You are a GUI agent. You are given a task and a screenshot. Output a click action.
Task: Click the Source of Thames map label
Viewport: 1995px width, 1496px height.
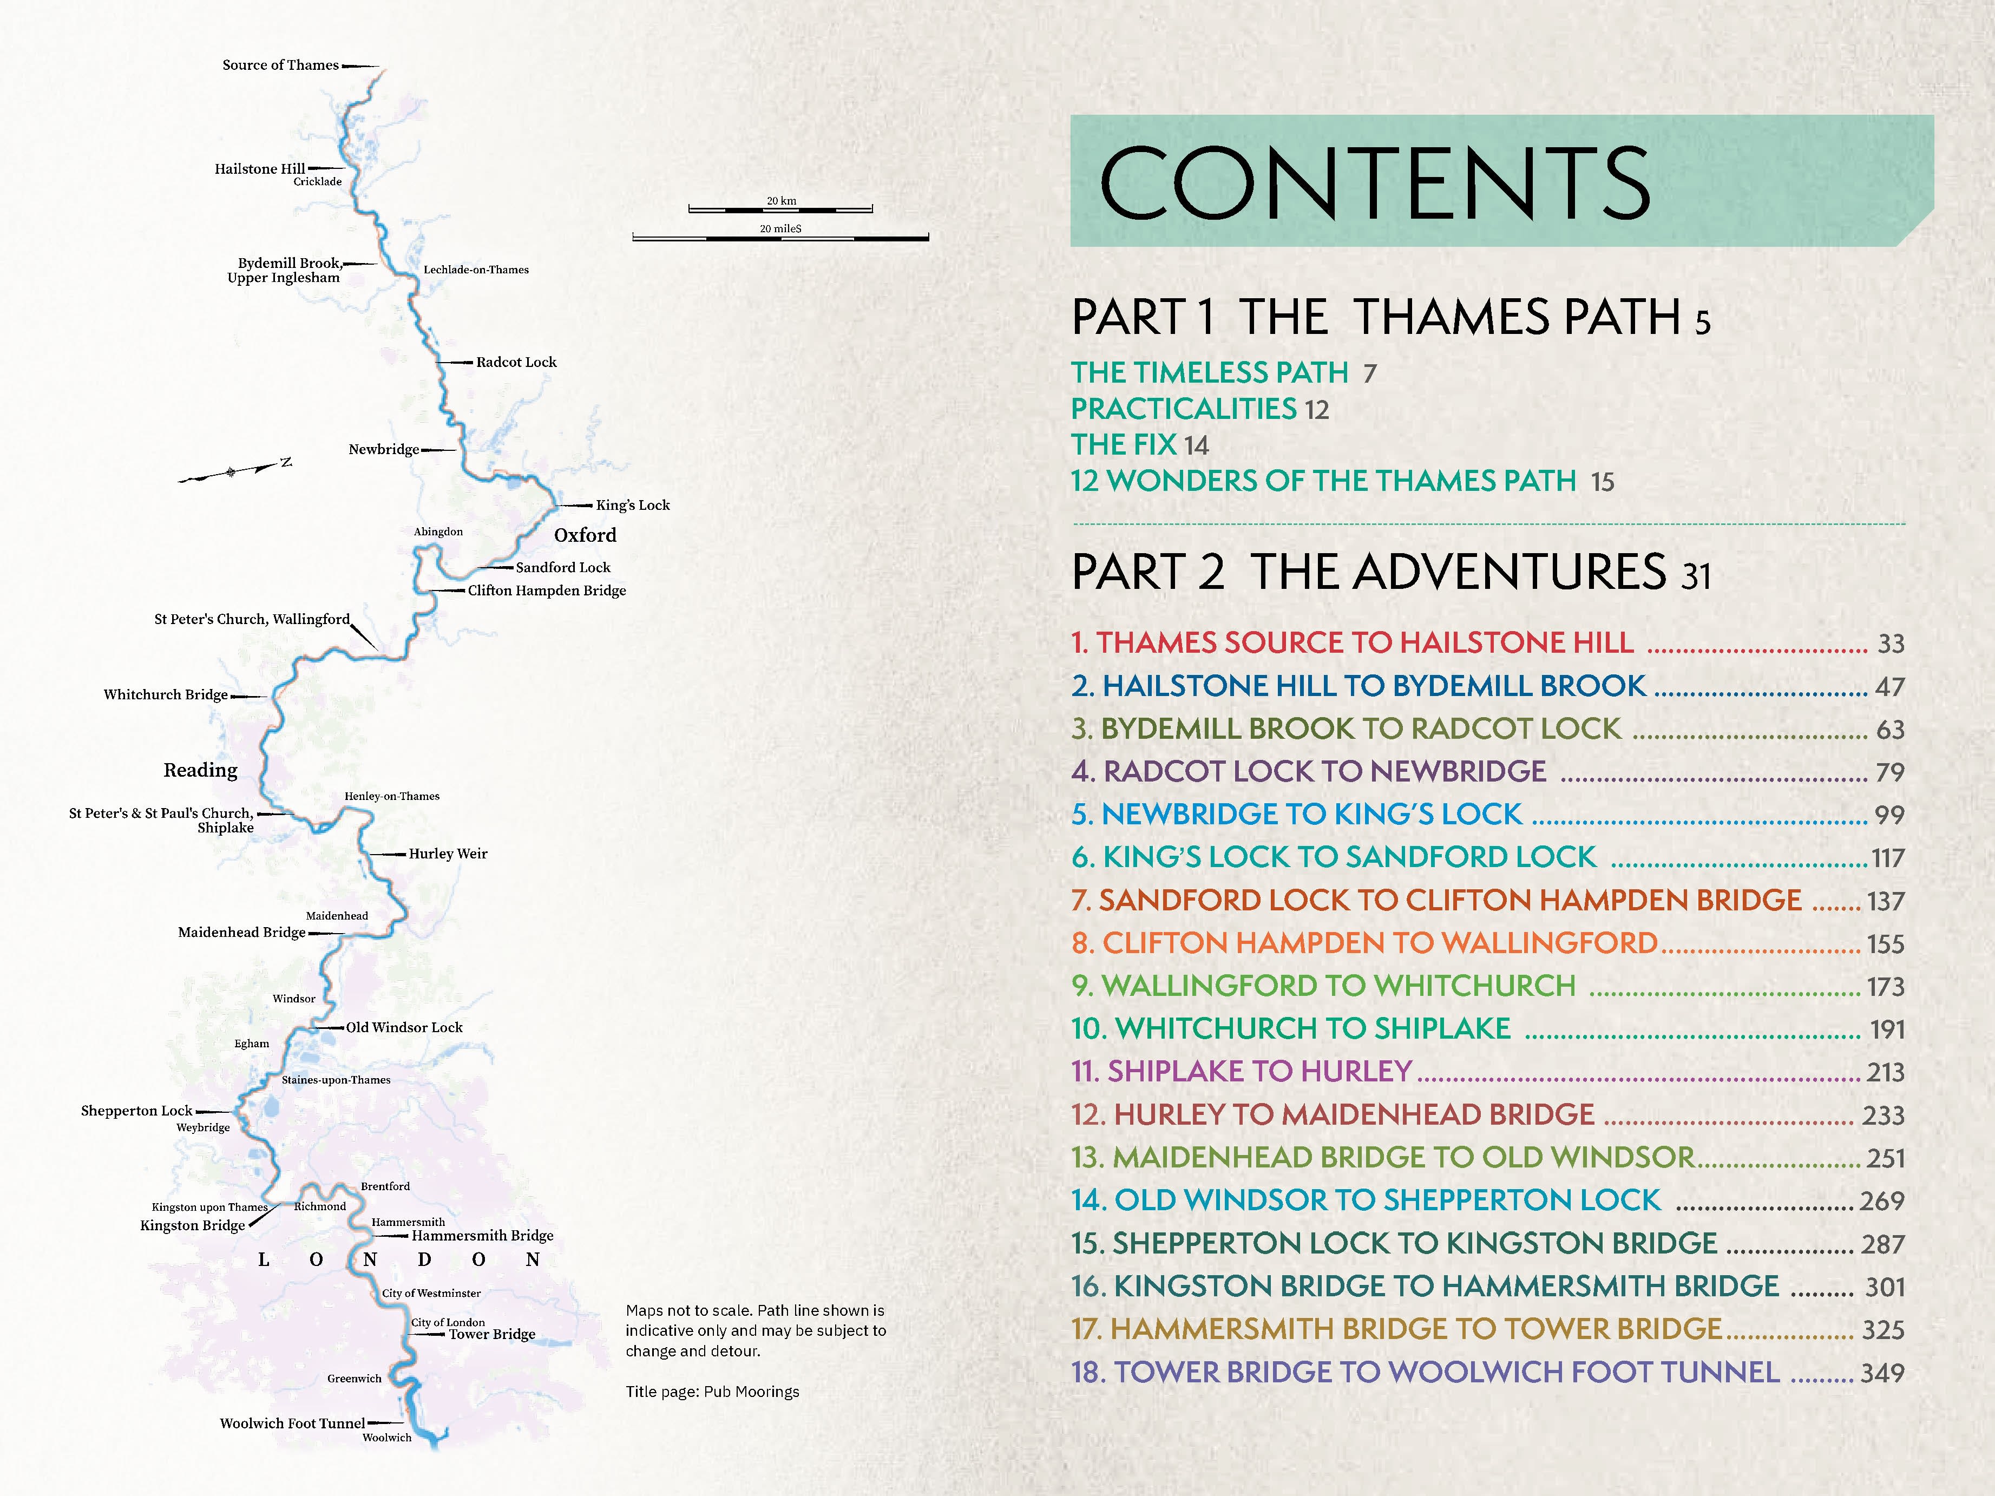click(280, 65)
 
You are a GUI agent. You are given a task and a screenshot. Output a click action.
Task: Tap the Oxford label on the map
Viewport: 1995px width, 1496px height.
click(585, 535)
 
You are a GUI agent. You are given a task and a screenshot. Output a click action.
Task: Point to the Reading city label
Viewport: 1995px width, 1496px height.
click(200, 770)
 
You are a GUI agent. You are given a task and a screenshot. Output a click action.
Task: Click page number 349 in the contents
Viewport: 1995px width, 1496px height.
click(1882, 1373)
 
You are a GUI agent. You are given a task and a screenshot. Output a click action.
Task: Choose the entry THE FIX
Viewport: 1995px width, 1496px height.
click(1124, 444)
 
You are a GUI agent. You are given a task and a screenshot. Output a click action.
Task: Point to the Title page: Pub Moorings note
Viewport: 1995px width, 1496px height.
click(712, 1392)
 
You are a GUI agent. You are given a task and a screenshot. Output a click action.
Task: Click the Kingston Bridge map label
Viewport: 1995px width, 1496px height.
click(192, 1225)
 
